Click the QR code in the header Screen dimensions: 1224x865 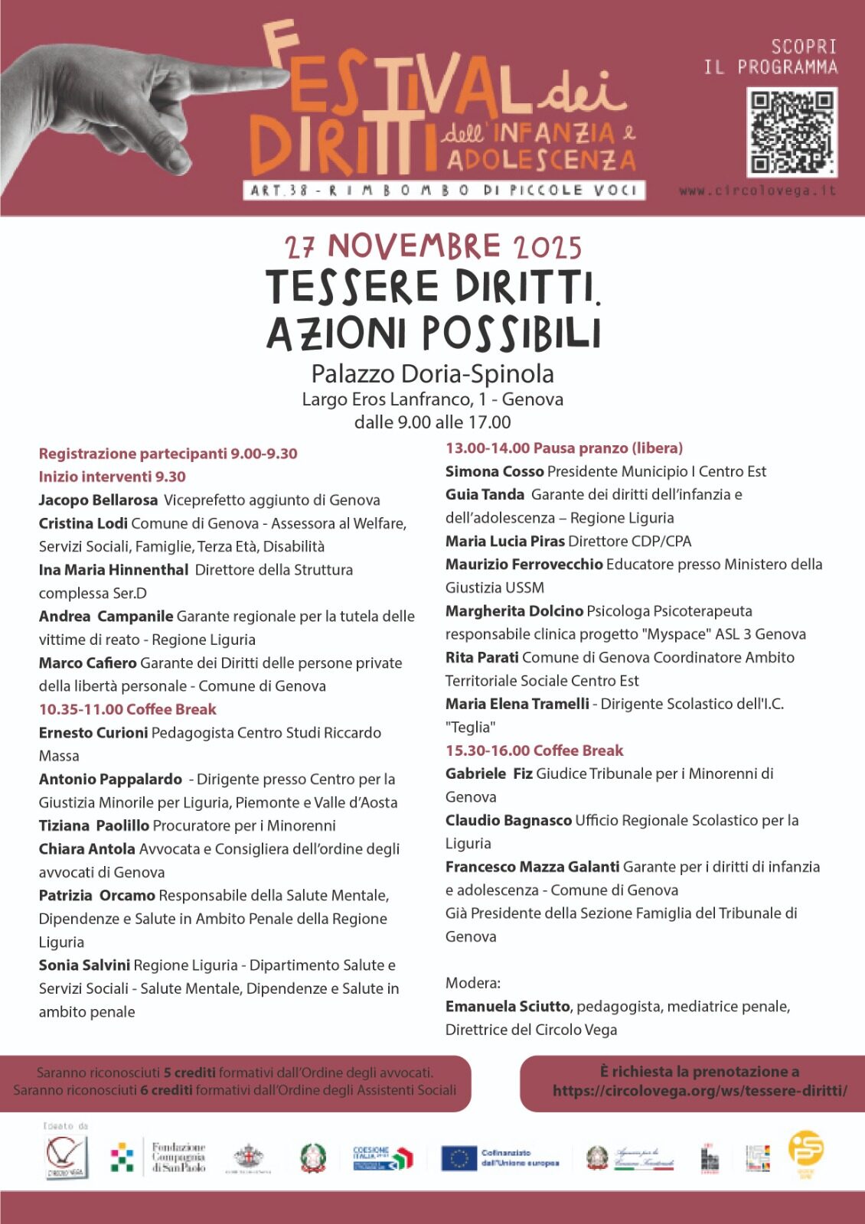(x=792, y=132)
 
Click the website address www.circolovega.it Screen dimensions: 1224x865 (x=757, y=190)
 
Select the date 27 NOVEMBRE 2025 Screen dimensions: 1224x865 (x=433, y=247)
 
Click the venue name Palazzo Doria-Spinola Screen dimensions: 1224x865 (x=432, y=373)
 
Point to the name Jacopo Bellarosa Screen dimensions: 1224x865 (x=98, y=500)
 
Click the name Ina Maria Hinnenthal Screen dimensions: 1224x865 (x=113, y=570)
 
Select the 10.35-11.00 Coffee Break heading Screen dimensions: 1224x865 (x=128, y=709)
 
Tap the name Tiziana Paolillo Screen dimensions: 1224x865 (x=94, y=825)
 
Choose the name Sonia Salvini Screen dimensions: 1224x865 (x=84, y=965)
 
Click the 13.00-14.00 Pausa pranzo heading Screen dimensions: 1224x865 (x=564, y=448)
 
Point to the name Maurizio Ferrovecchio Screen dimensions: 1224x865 (x=524, y=565)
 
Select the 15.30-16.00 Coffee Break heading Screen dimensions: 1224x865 (x=534, y=750)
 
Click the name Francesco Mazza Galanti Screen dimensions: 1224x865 (x=533, y=867)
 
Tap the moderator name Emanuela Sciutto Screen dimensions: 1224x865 (x=508, y=1007)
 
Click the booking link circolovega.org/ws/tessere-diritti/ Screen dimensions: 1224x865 (x=700, y=1091)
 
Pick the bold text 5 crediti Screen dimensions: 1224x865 (x=189, y=1073)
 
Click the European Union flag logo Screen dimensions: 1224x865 (x=459, y=1158)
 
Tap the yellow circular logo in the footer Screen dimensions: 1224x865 (x=806, y=1150)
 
